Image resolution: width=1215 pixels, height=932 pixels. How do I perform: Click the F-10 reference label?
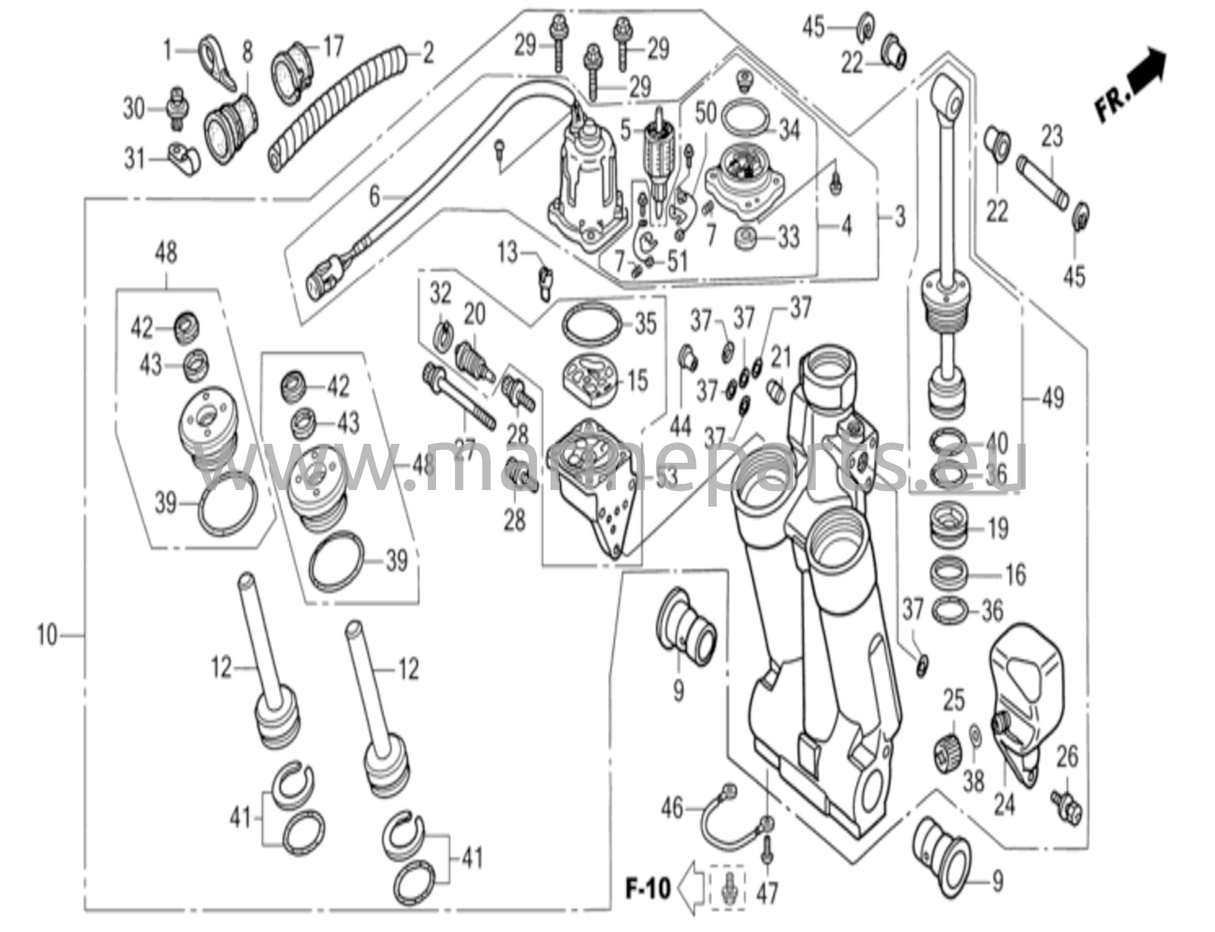click(648, 889)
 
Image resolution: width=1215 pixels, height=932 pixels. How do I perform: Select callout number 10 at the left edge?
click(47, 635)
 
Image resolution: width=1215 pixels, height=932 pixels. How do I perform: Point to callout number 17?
click(333, 46)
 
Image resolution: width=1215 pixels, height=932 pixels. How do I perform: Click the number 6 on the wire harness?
click(374, 196)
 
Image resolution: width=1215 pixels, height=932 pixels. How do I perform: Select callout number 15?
click(638, 381)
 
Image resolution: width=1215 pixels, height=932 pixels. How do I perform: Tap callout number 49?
click(1052, 397)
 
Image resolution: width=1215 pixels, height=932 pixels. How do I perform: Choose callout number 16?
click(1015, 574)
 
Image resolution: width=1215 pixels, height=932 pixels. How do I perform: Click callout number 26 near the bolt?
click(1067, 757)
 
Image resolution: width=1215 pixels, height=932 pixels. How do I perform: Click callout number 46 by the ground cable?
click(673, 808)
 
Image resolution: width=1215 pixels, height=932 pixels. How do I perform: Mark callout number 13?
click(508, 253)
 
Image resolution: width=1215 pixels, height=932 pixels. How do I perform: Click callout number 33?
click(788, 238)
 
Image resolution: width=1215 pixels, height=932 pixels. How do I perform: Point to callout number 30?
click(134, 109)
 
